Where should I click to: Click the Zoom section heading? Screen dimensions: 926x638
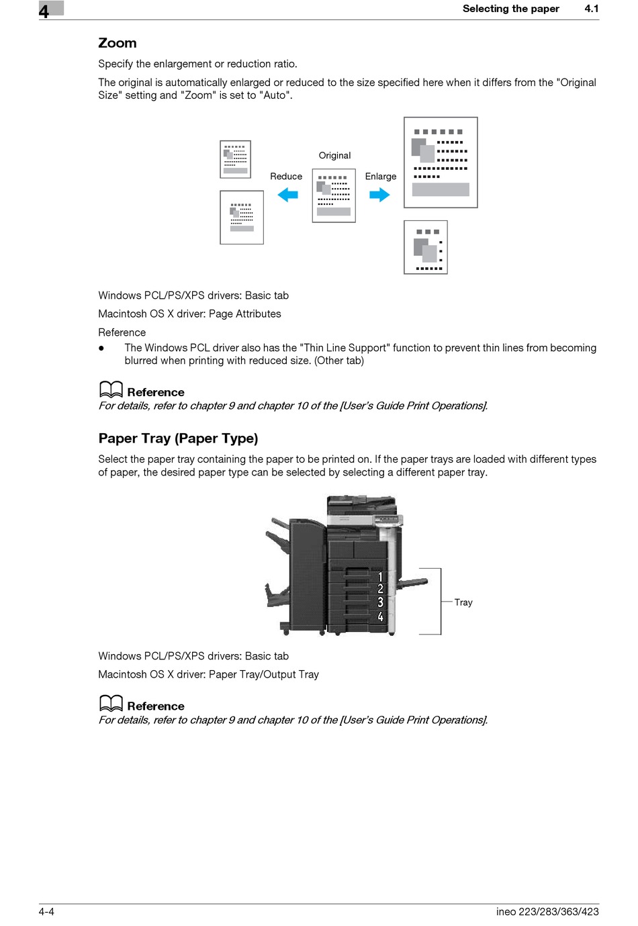tap(118, 43)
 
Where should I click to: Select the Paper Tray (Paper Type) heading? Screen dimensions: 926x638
tap(178, 438)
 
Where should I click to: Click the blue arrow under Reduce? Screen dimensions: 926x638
tap(288, 195)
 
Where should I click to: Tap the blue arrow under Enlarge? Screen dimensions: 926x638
tap(379, 195)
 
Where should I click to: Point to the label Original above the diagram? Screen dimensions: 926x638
tap(334, 156)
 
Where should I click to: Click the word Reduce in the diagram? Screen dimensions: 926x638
tap(286, 177)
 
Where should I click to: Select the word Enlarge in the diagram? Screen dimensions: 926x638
tap(381, 177)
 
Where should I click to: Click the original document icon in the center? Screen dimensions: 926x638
tap(334, 195)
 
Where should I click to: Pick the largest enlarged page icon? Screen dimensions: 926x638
tap(441, 163)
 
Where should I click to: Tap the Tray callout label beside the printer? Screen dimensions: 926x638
tap(463, 602)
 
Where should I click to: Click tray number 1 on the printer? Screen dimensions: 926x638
tap(380, 577)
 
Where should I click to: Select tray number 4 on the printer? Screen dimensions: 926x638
tap(380, 616)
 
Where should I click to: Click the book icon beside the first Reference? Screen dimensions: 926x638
tap(111, 390)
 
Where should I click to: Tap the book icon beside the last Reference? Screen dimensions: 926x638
tap(111, 704)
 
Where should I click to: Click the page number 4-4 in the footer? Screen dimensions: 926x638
tap(46, 911)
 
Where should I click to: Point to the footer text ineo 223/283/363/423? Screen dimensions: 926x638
tap(547, 911)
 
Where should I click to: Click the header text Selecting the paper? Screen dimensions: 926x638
tap(510, 9)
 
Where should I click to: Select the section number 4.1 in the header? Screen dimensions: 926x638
tap(591, 9)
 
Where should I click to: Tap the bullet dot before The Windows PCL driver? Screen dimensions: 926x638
tap(101, 348)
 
